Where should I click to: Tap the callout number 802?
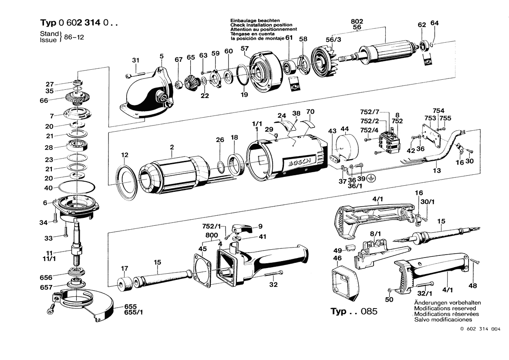[x=357, y=21]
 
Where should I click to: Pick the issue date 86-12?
[x=74, y=37]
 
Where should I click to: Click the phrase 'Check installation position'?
[x=261, y=25]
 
